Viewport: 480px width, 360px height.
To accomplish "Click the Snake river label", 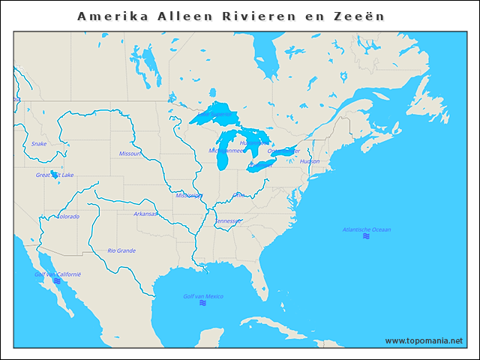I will click(38, 144).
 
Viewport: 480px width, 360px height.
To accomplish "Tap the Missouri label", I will click(130, 154).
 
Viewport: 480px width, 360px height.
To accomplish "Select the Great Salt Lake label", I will click(55, 175).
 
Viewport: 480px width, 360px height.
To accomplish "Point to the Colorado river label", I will click(67, 217).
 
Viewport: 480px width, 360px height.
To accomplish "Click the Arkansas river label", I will click(145, 214).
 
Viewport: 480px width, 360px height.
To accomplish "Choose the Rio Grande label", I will click(121, 250).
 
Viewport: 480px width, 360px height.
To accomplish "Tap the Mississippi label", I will click(189, 196).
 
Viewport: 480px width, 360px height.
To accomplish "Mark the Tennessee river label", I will click(228, 221).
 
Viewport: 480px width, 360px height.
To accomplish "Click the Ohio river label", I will click(238, 195).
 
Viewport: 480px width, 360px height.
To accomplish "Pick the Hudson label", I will click(310, 161).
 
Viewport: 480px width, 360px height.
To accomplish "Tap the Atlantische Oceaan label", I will click(366, 229).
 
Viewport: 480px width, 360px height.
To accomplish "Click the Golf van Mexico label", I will click(202, 296).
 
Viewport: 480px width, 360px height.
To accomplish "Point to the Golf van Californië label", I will click(57, 274).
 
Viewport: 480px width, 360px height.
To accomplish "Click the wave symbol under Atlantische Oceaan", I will click(366, 237).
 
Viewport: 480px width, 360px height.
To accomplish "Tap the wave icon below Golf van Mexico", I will click(202, 304).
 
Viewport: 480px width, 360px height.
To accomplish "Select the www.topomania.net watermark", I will click(423, 341).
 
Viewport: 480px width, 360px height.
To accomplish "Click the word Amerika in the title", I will click(106, 16).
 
